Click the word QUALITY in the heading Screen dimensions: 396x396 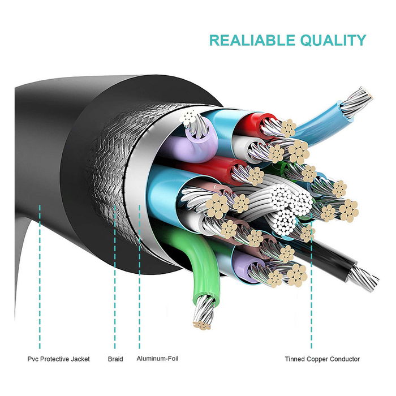tap(334, 40)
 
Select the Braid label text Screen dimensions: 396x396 tap(115, 359)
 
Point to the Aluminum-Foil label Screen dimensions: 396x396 tap(159, 359)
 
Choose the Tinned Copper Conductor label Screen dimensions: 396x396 tap(322, 359)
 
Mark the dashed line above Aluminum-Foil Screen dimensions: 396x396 tap(140, 283)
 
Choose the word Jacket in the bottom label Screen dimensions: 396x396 tap(79, 359)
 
